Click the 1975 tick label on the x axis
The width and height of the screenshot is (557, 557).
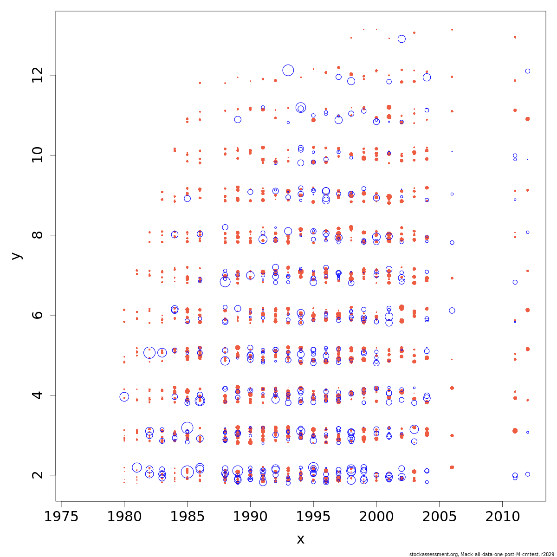tap(61, 517)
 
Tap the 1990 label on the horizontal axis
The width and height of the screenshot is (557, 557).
tap(250, 517)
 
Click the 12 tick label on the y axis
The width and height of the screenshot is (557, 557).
tap(38, 75)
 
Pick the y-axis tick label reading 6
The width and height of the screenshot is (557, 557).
tap(38, 315)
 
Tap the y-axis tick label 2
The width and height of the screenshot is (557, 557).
tap(38, 475)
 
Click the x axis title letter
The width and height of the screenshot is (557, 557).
tap(300, 539)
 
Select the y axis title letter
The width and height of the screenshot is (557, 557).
tap(16, 256)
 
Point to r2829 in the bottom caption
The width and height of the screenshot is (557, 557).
tap(547, 554)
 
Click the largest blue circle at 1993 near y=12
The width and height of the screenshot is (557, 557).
tap(288, 70)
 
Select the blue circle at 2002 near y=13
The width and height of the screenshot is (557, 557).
tap(402, 39)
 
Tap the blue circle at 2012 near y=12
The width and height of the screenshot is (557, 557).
tap(528, 71)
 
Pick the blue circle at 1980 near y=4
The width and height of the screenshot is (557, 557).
tap(124, 396)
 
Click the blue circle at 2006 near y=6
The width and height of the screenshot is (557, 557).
tap(452, 311)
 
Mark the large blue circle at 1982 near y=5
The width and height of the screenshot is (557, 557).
tap(149, 352)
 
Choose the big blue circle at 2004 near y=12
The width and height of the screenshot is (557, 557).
tap(427, 78)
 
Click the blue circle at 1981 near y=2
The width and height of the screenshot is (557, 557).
tap(136, 467)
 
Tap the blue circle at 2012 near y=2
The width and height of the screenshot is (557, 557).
tap(528, 474)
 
